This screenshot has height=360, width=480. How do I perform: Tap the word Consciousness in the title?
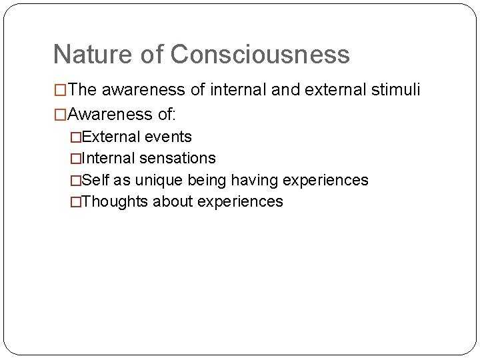260,54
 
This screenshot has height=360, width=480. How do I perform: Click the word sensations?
177,158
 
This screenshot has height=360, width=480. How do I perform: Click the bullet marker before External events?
75,137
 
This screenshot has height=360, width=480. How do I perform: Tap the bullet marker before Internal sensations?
75,158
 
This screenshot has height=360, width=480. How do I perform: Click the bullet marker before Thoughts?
75,201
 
